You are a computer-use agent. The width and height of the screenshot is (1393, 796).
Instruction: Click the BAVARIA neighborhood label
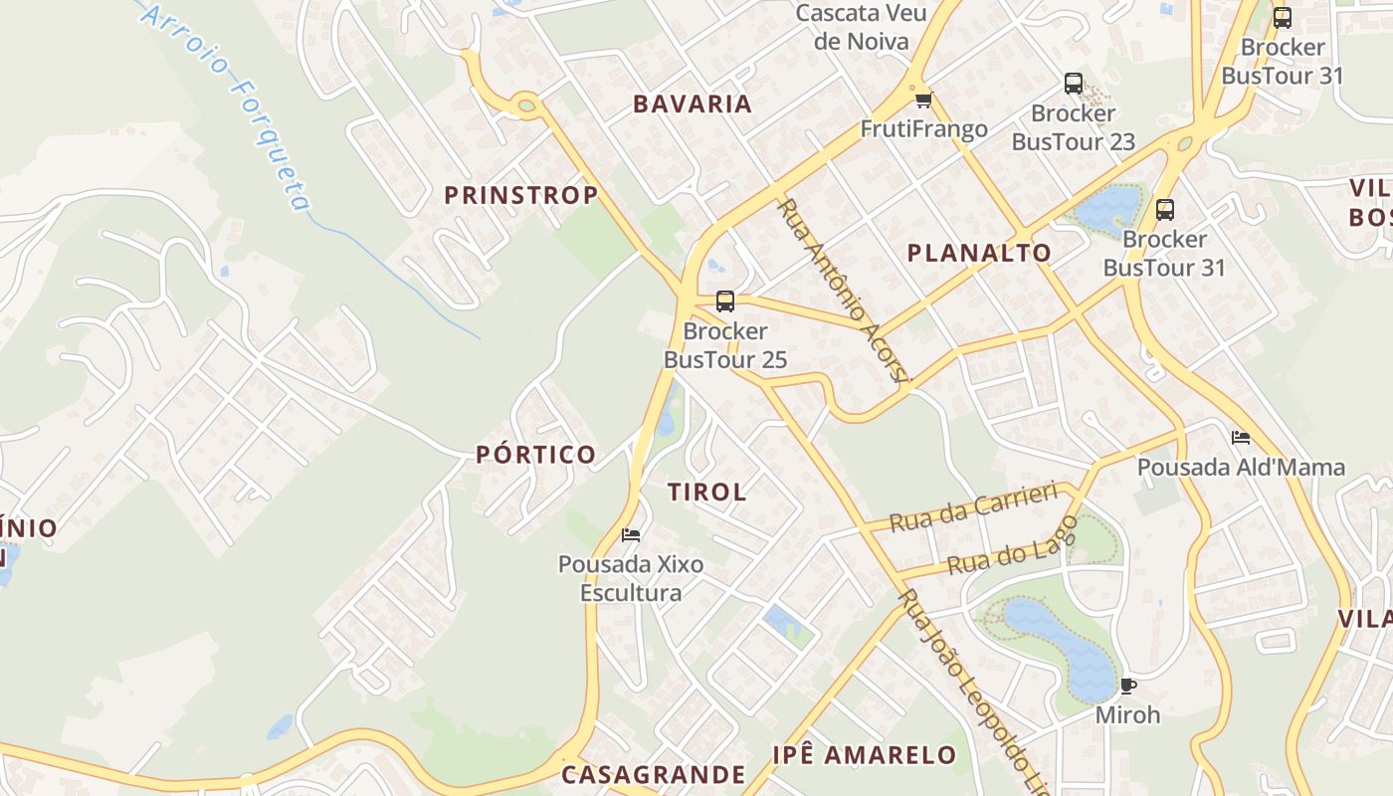tap(693, 103)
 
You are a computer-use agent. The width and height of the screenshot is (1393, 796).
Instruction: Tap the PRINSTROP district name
tap(520, 195)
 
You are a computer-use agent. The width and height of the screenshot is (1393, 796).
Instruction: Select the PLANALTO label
tap(979, 253)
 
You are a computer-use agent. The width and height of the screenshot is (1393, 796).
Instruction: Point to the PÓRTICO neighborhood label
tap(535, 455)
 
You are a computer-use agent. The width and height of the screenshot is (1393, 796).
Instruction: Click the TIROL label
tap(706, 492)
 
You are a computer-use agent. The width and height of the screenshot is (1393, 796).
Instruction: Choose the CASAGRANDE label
tap(653, 774)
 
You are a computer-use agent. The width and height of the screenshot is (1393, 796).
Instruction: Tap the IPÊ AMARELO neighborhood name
tap(864, 754)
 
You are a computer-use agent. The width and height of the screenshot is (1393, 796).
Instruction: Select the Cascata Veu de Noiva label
tap(862, 27)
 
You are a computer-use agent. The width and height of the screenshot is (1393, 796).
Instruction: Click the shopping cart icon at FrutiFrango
tap(923, 99)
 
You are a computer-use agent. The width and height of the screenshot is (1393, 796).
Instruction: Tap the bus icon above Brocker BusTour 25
tap(725, 301)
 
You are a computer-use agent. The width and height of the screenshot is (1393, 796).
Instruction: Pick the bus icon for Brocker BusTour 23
tap(1073, 84)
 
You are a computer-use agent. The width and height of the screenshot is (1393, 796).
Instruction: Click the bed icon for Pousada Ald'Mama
tap(1240, 437)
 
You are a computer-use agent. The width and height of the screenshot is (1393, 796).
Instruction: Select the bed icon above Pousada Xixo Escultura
tap(630, 535)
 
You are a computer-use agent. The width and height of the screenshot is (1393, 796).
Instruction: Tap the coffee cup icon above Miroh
tap(1127, 686)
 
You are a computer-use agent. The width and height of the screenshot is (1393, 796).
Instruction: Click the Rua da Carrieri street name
tap(972, 506)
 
